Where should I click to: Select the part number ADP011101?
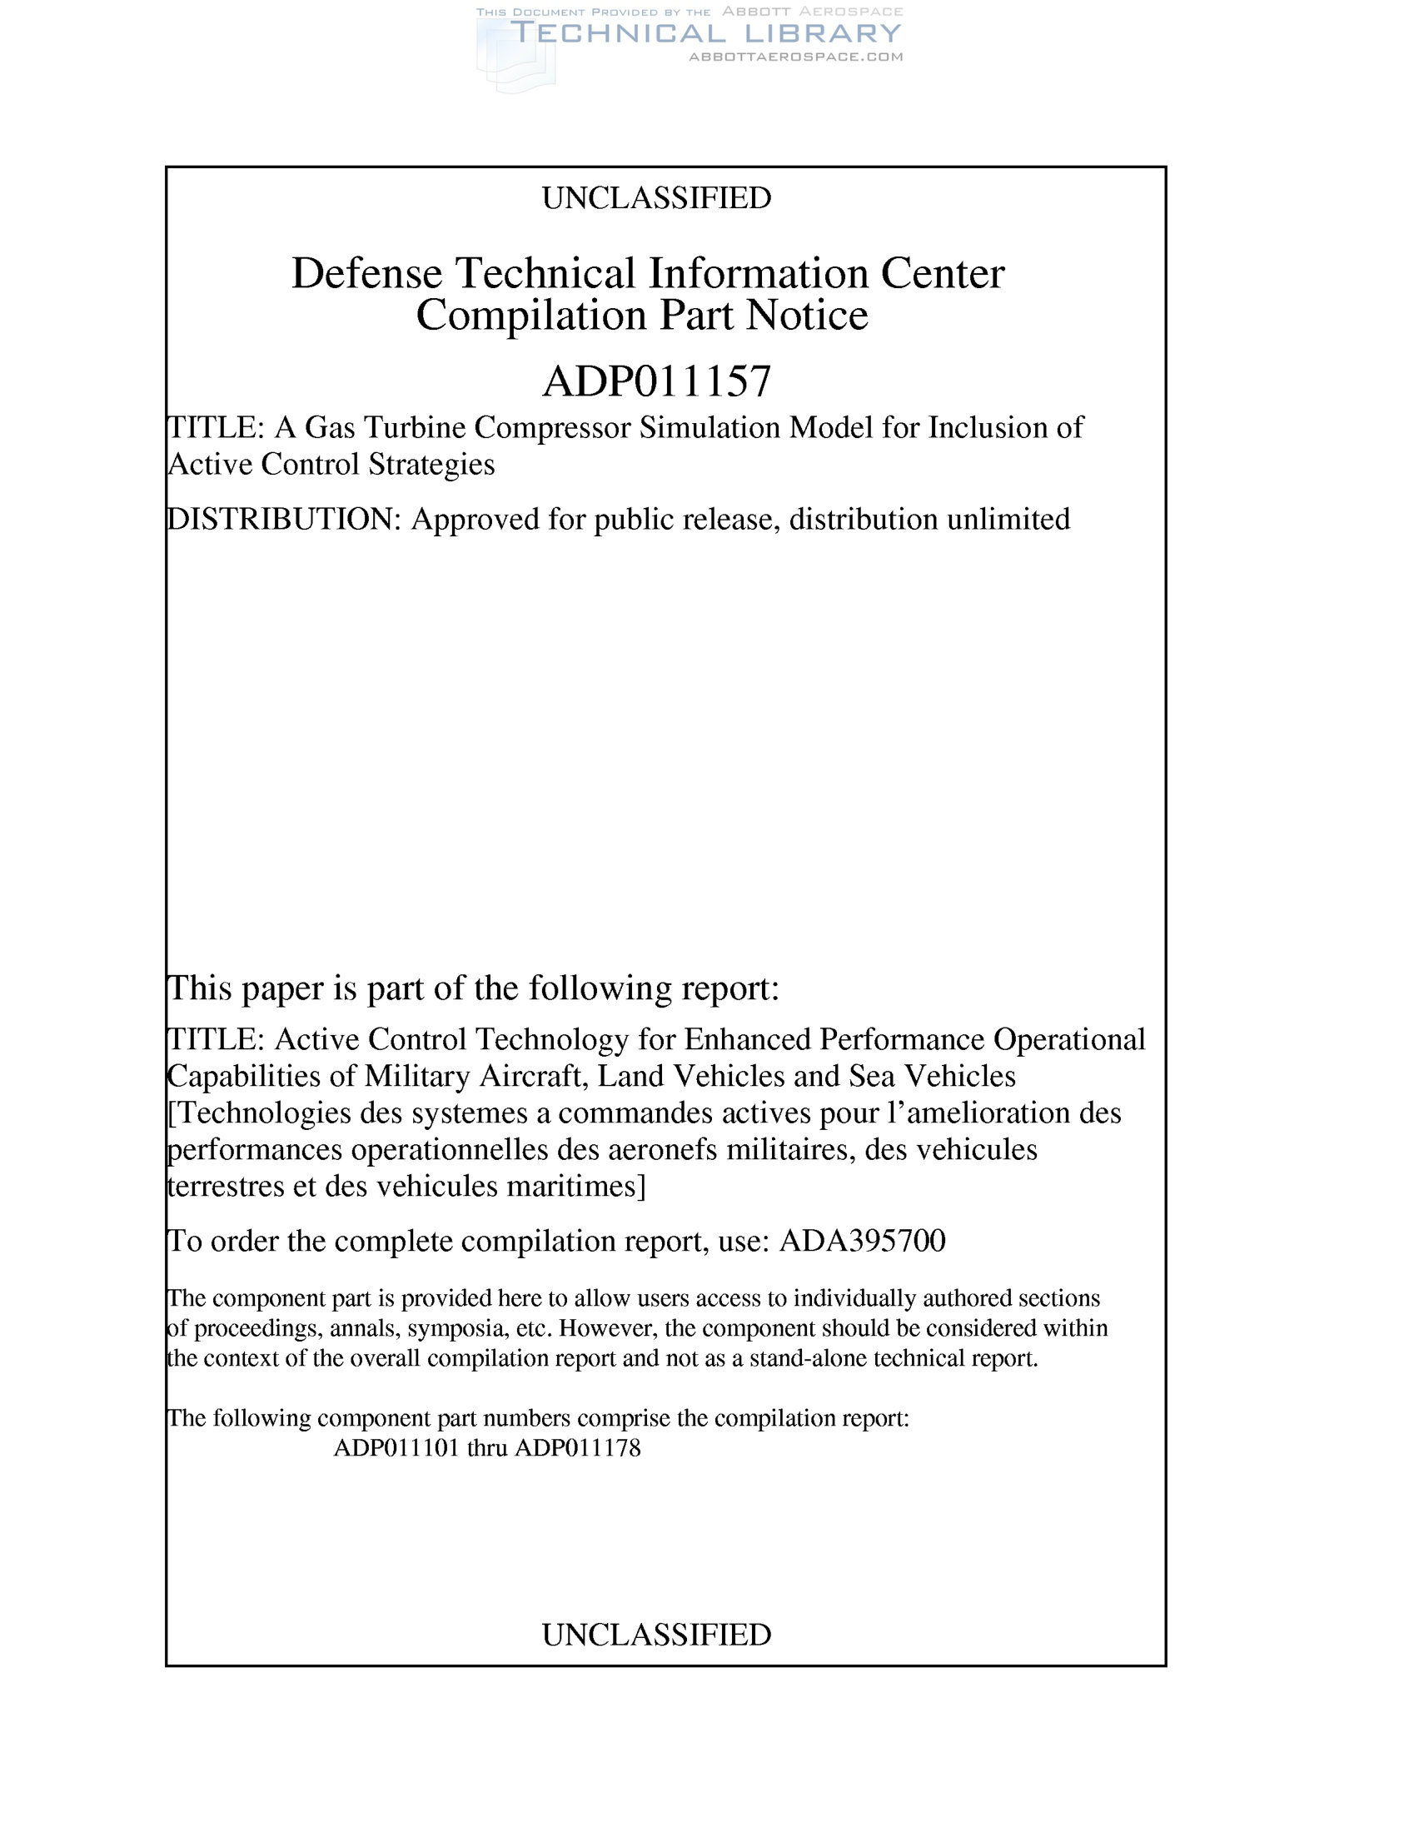tap(396, 1447)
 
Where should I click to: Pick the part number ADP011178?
tap(577, 1447)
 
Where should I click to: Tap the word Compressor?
tap(552, 427)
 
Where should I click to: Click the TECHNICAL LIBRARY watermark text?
tap(706, 33)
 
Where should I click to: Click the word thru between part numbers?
tap(487, 1447)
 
